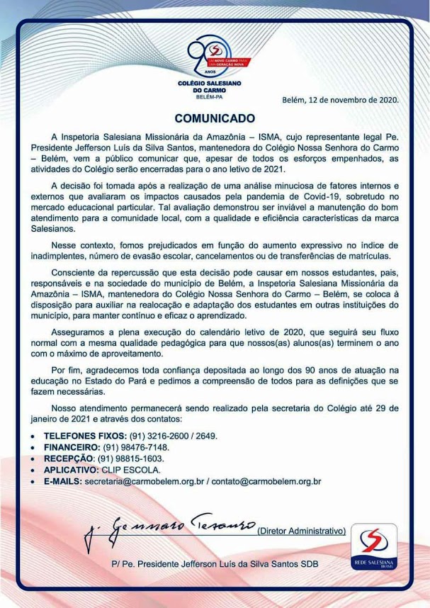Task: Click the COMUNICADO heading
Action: point(215,117)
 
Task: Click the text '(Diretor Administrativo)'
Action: point(301,531)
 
